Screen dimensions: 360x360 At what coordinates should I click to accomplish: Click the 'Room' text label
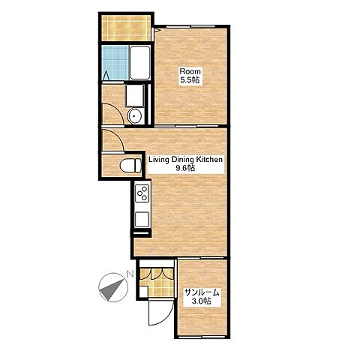click(190, 71)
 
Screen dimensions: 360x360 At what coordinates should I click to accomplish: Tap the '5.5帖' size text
click(190, 80)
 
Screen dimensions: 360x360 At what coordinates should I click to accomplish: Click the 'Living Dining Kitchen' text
click(185, 159)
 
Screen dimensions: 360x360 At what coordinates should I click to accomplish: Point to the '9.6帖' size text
click(185, 168)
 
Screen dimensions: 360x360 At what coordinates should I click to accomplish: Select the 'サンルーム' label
click(202, 292)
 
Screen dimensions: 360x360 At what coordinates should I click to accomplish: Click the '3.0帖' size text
click(201, 301)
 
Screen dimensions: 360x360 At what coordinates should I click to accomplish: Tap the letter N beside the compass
click(130, 274)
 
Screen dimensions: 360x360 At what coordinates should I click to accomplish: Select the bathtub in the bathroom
click(139, 62)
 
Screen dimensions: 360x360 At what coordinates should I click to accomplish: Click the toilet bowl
click(130, 165)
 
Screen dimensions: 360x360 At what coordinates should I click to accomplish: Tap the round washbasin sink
click(135, 116)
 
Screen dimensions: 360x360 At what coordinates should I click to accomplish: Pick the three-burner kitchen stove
click(142, 193)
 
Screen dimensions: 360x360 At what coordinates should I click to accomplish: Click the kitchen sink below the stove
click(142, 220)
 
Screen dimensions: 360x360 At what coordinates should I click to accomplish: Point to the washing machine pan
click(135, 95)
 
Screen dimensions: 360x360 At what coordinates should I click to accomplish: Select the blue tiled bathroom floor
click(115, 62)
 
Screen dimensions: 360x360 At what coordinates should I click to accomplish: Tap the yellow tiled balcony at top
click(126, 28)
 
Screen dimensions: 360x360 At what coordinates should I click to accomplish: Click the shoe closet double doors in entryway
click(157, 274)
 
